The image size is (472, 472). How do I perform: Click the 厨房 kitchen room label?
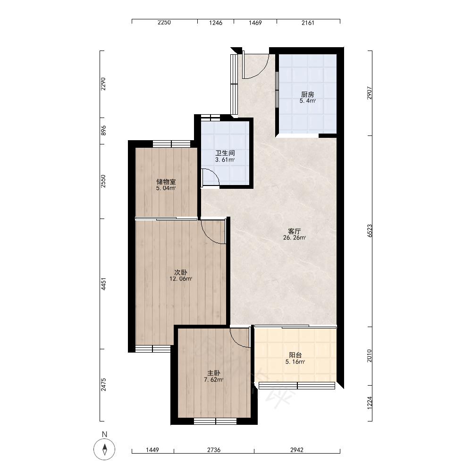[x=307, y=94]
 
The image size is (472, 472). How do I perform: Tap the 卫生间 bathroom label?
[x=225, y=153]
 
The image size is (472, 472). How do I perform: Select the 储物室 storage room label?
[x=166, y=182]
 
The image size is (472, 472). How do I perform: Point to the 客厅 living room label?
[x=295, y=231]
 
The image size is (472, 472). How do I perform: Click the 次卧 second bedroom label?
[x=181, y=272]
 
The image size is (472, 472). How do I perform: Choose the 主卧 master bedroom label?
[x=214, y=373]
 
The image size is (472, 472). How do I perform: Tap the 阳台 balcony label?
[x=295, y=355]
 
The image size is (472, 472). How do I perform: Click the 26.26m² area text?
[x=295, y=238]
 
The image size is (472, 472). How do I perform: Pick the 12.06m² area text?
[x=181, y=279]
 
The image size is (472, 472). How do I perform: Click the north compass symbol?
[x=104, y=449]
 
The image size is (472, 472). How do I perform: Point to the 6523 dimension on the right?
[x=370, y=231]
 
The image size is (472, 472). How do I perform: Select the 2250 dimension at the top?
[x=164, y=23]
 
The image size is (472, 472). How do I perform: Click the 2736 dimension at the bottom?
[x=214, y=450]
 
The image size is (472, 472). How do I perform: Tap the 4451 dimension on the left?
[x=103, y=284]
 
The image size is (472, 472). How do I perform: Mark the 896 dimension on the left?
[x=103, y=130]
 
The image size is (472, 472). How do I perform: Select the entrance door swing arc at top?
[x=261, y=71]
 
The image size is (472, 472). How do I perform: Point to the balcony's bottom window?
[x=297, y=386]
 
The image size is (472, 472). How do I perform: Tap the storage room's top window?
[x=172, y=144]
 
